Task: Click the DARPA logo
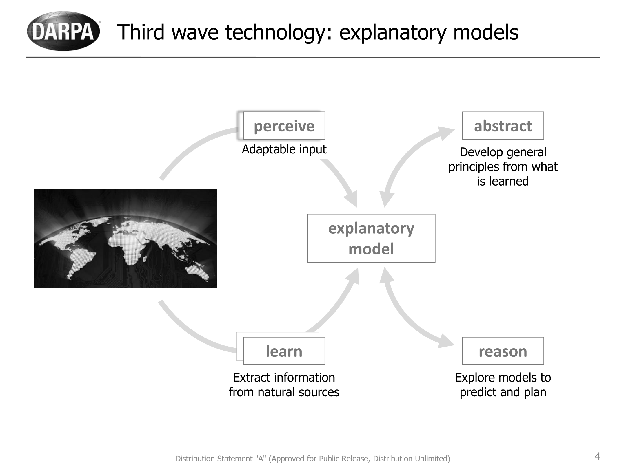pyautogui.click(x=63, y=31)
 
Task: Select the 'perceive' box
pyautogui.click(x=284, y=126)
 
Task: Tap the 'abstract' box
pyautogui.click(x=503, y=126)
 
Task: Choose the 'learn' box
pyautogui.click(x=284, y=351)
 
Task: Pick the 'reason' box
pyautogui.click(x=503, y=351)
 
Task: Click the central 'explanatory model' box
pyautogui.click(x=371, y=238)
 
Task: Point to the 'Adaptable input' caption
pyautogui.click(x=284, y=149)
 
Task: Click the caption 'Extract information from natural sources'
pyautogui.click(x=284, y=385)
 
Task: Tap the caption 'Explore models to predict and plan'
pyautogui.click(x=503, y=385)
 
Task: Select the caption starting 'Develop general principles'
pyautogui.click(x=503, y=166)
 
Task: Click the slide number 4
pyautogui.click(x=597, y=457)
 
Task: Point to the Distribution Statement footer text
pyautogui.click(x=313, y=459)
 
